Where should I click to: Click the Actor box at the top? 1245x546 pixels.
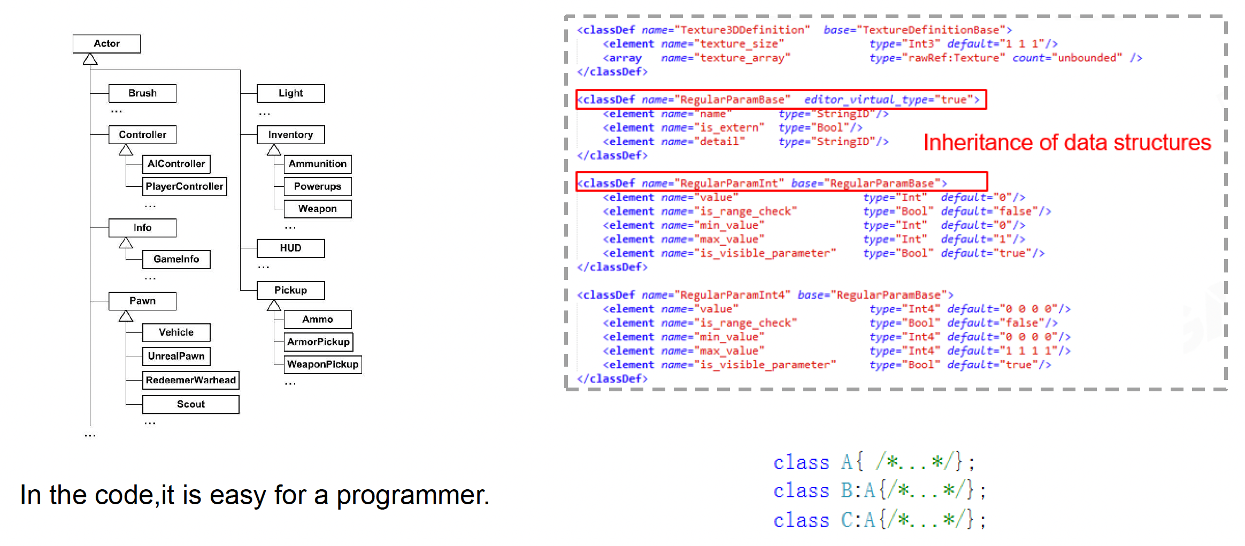106,44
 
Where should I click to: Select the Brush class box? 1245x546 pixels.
142,93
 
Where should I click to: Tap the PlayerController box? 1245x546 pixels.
185,186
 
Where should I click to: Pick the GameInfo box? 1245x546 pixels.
176,259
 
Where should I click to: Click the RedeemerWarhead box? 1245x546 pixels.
190,380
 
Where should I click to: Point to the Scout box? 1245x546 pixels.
190,404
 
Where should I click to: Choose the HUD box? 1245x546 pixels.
290,248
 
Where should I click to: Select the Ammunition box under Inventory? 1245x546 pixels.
318,164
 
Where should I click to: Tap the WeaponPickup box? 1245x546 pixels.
322,364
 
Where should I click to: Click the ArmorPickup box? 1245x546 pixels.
318,342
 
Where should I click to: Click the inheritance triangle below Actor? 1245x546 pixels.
90,59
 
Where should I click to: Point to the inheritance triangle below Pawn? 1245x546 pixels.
126,316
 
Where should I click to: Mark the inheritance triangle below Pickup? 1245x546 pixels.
274,305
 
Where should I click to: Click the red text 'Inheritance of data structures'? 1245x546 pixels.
1067,143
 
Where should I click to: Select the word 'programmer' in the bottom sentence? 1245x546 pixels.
412,495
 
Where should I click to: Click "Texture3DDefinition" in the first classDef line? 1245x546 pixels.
742,30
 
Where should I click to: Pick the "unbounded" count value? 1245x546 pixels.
1087,58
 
